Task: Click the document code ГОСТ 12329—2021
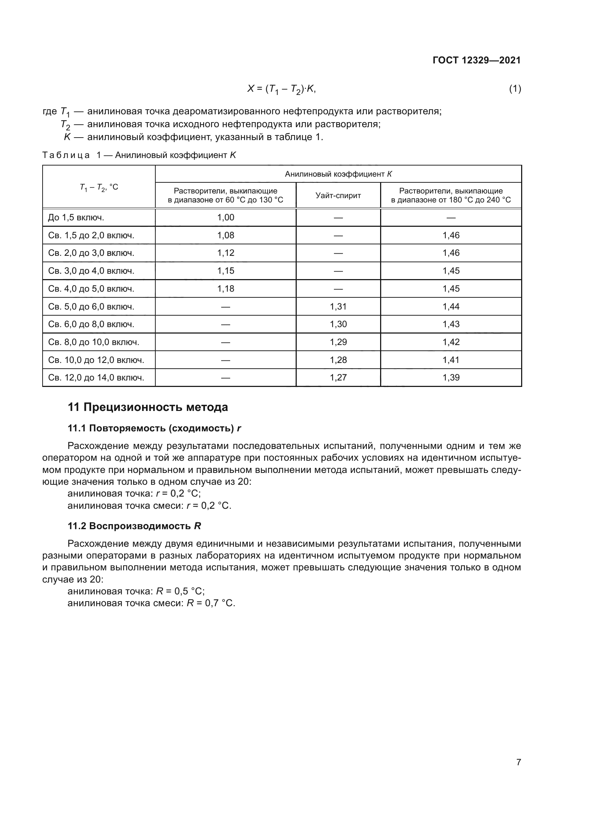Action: click(x=476, y=60)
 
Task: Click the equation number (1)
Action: click(x=515, y=89)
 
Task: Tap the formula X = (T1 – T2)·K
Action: click(x=281, y=89)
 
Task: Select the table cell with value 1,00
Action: click(x=225, y=217)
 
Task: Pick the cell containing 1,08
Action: click(x=225, y=235)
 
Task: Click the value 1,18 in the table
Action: click(x=225, y=289)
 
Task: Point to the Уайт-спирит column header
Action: click(x=338, y=196)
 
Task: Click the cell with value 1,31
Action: click(x=338, y=307)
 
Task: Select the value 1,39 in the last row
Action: click(x=451, y=377)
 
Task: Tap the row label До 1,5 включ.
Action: click(x=76, y=217)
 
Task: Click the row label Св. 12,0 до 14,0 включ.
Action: click(x=96, y=377)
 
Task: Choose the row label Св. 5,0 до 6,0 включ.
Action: click(x=91, y=307)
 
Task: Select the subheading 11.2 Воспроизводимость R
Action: click(x=134, y=526)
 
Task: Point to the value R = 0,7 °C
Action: click(x=211, y=603)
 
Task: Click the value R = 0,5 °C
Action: click(x=180, y=591)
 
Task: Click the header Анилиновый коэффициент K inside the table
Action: click(x=338, y=174)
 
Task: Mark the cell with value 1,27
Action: click(x=338, y=377)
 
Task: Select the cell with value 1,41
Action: click(x=451, y=360)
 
